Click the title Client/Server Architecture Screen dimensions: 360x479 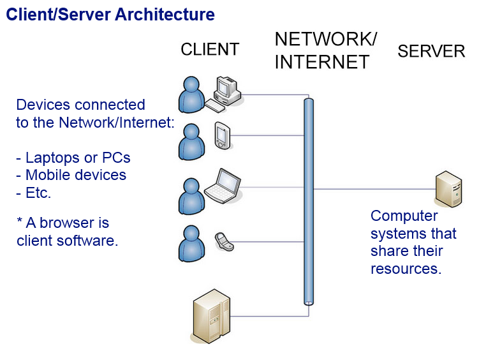110,14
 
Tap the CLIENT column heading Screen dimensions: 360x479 210,49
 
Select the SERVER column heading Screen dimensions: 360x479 431,52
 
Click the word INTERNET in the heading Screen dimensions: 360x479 322,62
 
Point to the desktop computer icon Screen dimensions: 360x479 226,90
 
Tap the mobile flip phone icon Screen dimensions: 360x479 222,241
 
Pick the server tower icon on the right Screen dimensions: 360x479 448,189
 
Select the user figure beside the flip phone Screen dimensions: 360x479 191,243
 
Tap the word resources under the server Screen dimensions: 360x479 406,269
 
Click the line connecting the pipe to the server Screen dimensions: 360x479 373,189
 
